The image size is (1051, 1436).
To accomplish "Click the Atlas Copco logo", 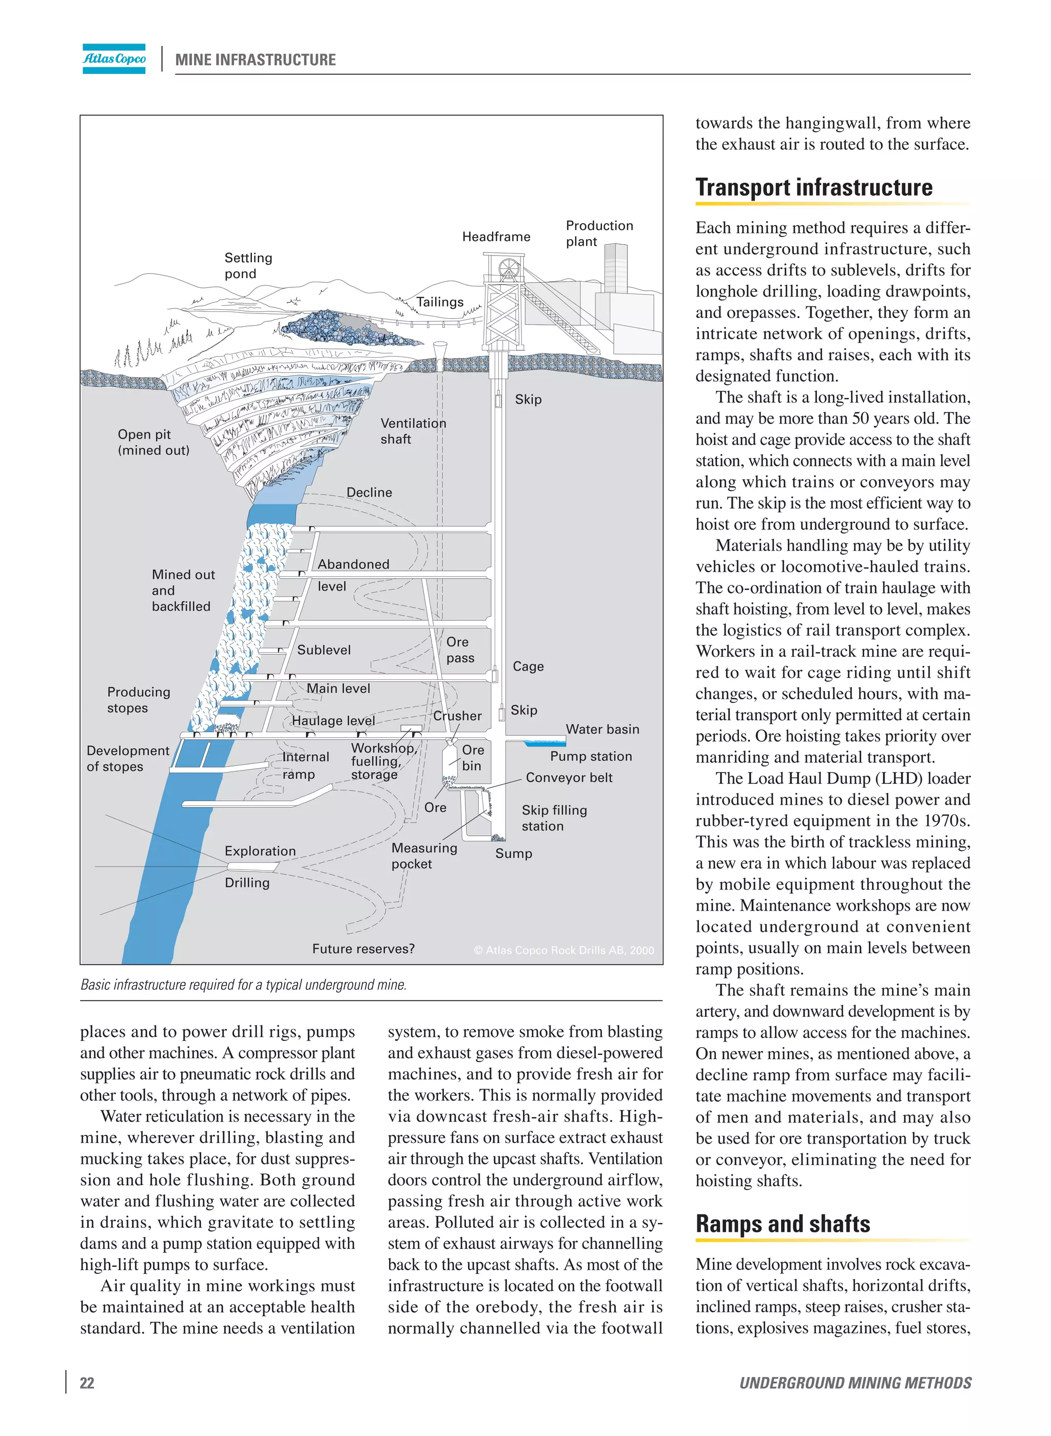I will [114, 58].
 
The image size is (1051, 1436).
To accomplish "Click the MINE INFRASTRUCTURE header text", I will [255, 60].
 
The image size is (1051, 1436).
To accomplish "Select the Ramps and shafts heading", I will [782, 1224].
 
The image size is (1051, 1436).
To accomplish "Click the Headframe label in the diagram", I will [496, 237].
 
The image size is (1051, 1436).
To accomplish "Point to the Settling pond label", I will [247, 265].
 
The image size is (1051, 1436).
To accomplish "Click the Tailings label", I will [440, 302].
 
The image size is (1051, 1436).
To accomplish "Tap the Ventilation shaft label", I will [413, 430].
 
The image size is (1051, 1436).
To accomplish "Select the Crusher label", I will [457, 716].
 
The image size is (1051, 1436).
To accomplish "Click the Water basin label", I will [602, 729].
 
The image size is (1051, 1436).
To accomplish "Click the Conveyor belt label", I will [569, 777].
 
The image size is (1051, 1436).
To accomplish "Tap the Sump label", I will [513, 854].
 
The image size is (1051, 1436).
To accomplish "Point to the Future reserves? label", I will [363, 948].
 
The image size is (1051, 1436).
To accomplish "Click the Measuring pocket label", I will [424, 855].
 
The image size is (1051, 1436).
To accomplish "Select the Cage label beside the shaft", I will [528, 666].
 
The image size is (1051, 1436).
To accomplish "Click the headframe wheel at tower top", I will [509, 268].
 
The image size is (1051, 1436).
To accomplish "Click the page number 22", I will [87, 1383].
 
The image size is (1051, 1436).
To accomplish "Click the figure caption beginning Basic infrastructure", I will [243, 985].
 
